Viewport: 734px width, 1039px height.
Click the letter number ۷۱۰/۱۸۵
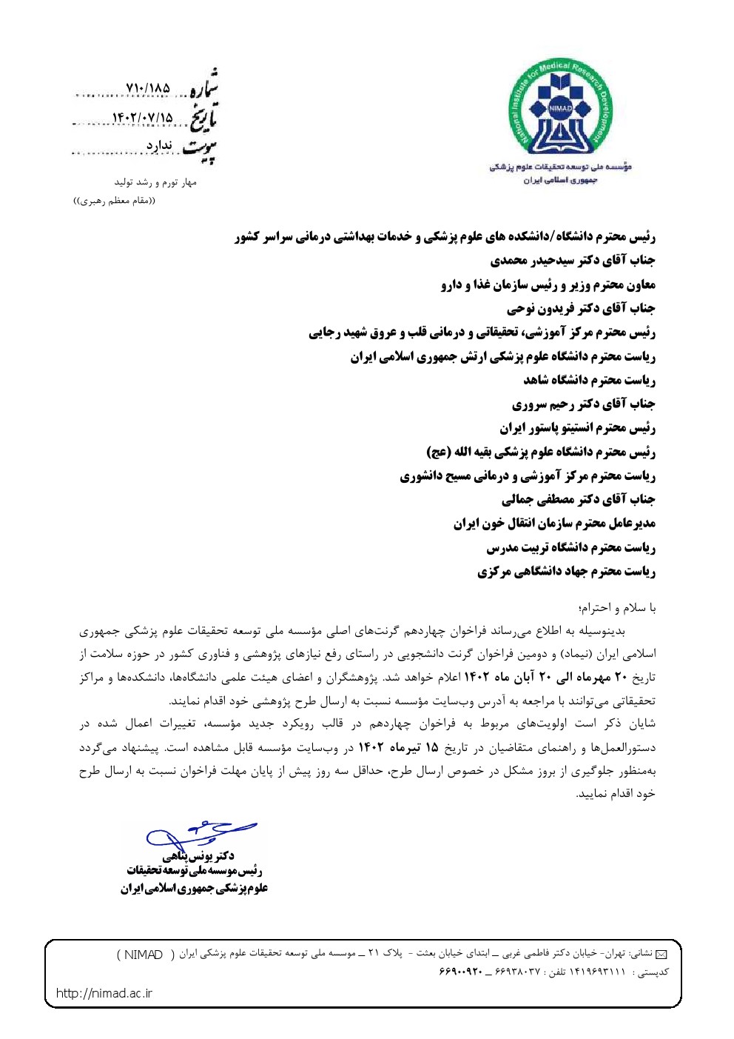(x=148, y=89)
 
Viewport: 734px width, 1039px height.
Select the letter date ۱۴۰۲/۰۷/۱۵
(x=142, y=118)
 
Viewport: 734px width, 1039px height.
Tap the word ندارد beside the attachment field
(x=159, y=146)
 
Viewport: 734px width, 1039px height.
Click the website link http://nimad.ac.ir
(x=104, y=993)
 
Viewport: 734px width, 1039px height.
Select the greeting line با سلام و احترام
(x=617, y=608)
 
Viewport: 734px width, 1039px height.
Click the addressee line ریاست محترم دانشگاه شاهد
(x=589, y=380)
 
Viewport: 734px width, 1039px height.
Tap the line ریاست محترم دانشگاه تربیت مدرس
(x=570, y=548)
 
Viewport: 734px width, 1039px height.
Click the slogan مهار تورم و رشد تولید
(x=155, y=182)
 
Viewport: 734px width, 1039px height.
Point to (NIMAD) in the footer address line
(x=141, y=955)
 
